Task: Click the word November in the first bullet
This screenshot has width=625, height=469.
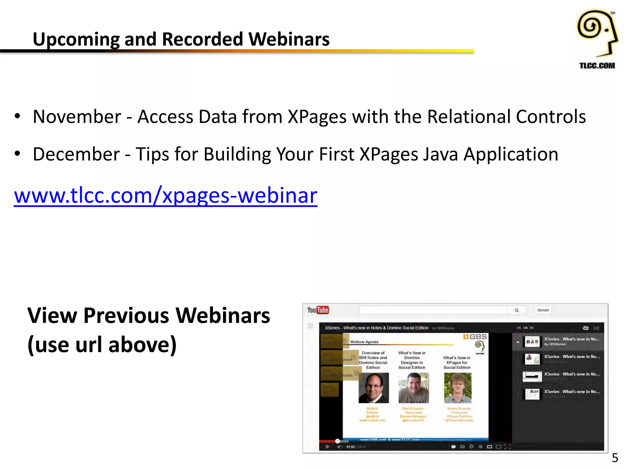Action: [77, 117]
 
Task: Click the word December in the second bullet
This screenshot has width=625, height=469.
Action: [76, 154]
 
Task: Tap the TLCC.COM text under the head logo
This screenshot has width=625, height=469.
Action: [597, 66]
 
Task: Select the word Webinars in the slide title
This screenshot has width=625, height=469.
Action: [289, 39]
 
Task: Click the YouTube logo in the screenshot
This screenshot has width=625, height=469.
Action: [318, 310]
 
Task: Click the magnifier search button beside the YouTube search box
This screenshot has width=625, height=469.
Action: [517, 310]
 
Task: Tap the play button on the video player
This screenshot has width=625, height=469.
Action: [327, 447]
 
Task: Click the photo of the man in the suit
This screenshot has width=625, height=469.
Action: [374, 388]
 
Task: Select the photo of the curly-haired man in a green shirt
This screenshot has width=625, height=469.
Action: [457, 388]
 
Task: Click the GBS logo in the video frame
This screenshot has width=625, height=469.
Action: [475, 337]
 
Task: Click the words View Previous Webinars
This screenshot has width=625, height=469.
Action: [149, 315]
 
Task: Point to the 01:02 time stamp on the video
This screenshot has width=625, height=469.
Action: [350, 447]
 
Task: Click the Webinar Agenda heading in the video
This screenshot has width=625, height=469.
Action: [364, 342]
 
